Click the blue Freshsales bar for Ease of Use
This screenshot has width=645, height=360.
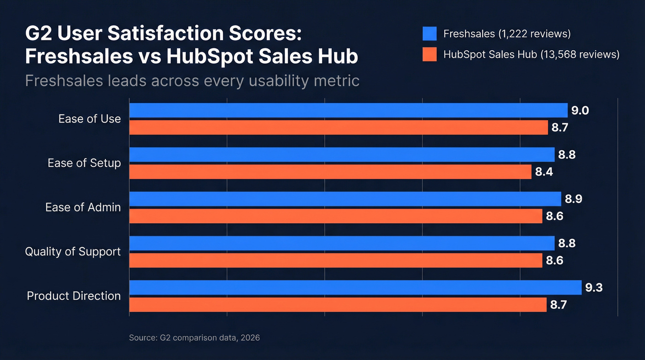tap(348, 110)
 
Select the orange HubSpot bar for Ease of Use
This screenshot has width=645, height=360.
tap(339, 128)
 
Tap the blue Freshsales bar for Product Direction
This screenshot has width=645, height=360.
tap(355, 287)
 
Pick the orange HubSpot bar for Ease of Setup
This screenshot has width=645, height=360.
tap(330, 172)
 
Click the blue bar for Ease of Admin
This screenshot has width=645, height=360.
tap(345, 199)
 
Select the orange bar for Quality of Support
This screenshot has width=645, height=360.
tap(336, 260)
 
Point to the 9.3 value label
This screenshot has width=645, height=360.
tap(594, 288)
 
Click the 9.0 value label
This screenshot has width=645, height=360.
tap(580, 111)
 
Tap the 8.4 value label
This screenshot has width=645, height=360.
tap(544, 172)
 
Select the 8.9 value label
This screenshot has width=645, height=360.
tap(573, 199)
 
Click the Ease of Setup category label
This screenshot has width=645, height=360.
tap(84, 163)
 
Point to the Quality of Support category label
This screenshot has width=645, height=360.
tap(73, 252)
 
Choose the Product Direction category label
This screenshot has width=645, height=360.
tap(74, 296)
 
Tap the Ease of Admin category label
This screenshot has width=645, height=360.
tap(83, 207)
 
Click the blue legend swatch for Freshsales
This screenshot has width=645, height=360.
tap(429, 34)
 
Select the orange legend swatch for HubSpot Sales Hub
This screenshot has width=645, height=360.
tap(429, 54)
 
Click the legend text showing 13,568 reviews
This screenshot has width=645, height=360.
tap(531, 54)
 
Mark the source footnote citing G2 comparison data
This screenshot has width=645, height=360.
tap(194, 338)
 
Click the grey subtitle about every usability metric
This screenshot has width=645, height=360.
tap(192, 81)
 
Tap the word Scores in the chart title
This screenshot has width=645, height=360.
tap(258, 35)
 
